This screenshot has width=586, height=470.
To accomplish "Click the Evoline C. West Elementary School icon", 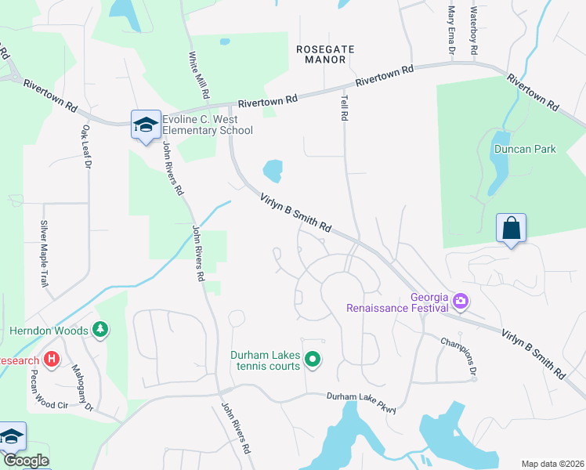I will coord(146,125).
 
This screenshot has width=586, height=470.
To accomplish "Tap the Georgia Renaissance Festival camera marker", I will coord(461,300).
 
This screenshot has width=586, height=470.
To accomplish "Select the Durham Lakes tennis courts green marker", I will coord(313,360).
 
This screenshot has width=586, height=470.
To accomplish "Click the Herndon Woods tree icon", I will coord(99,331).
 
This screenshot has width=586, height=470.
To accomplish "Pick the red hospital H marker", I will coord(52,360).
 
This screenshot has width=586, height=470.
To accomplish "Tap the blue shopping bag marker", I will coord(511,229).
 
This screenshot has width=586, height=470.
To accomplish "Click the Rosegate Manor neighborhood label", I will coord(325,54).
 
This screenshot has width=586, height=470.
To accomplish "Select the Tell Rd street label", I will coord(343,108).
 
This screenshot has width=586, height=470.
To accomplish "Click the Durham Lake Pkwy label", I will coord(362,402).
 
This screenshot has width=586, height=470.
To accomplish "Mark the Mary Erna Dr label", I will coord(451,31).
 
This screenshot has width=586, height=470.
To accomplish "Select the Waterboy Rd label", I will coord(474,31).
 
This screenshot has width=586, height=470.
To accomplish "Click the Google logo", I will coord(25,461).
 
